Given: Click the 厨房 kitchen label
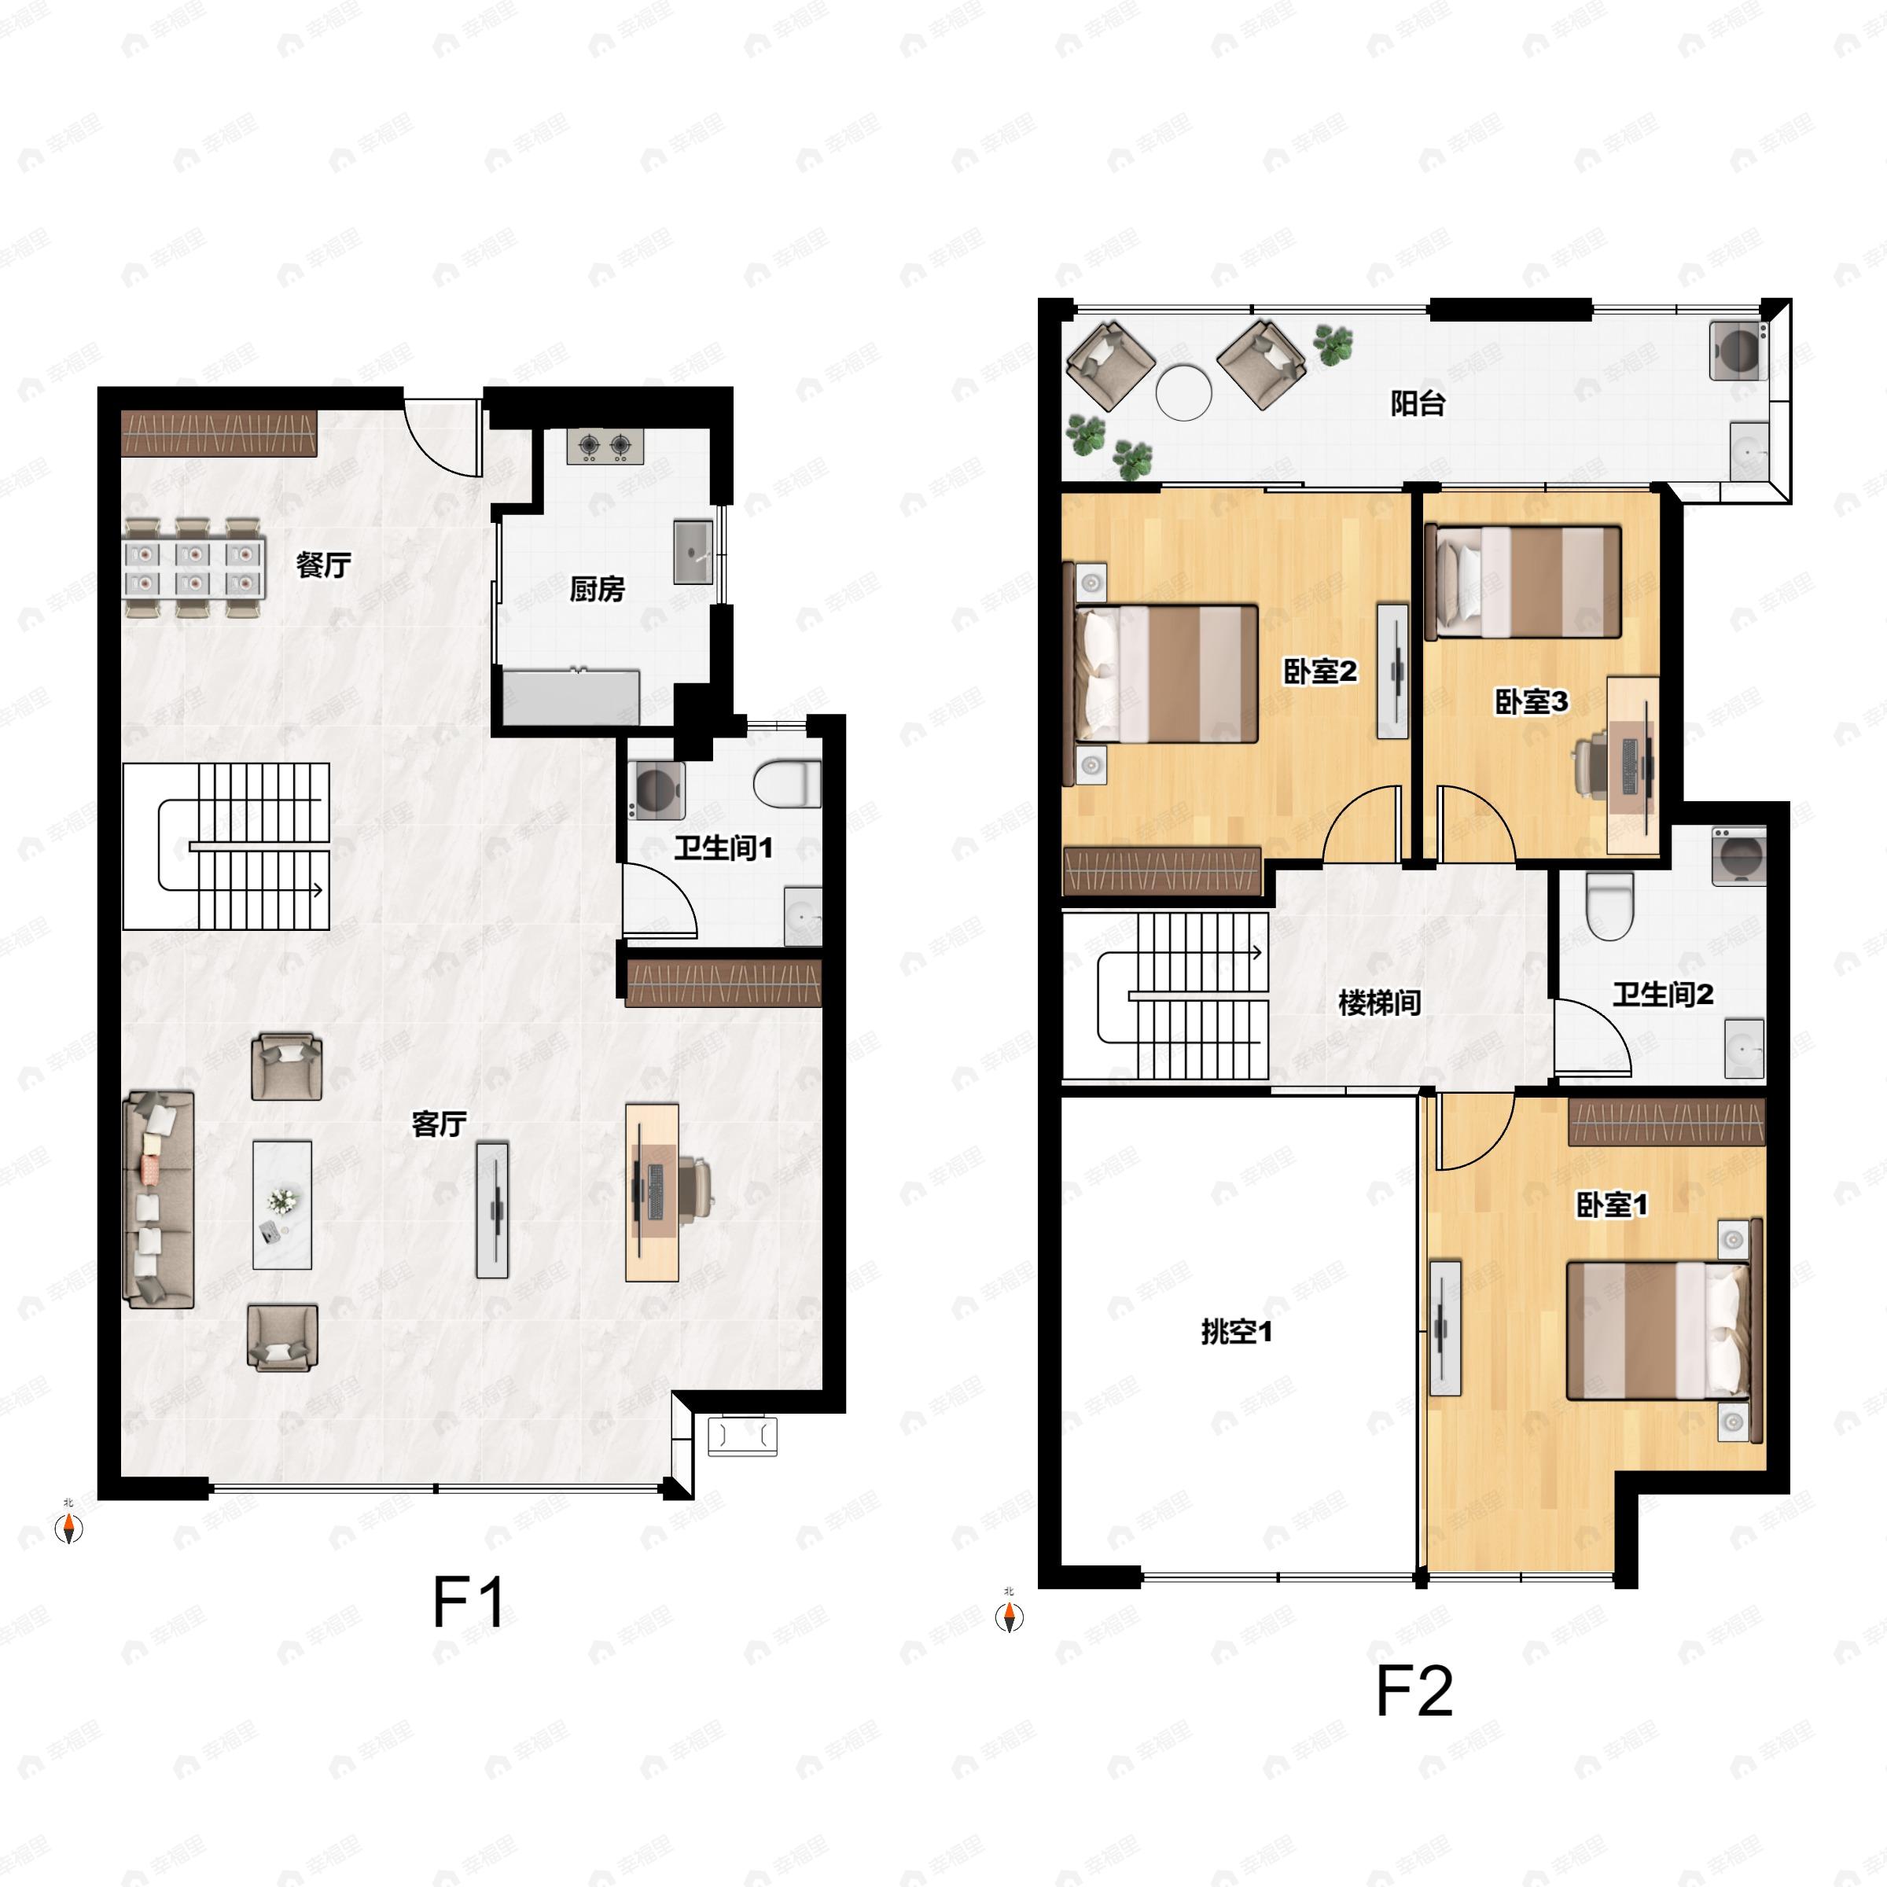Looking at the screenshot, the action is coord(597,589).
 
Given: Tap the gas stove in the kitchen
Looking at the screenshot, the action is coord(605,447).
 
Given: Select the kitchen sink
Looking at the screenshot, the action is coord(693,552).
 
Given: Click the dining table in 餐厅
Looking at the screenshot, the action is coord(193,568).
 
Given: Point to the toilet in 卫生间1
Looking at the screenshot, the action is coord(786,785).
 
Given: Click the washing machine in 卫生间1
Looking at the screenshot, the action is coord(656,788).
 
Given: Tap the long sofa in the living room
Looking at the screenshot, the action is coord(158,1199).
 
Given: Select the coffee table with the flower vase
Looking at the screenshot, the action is coord(282,1205).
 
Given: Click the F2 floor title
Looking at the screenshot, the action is coord(1414,1692).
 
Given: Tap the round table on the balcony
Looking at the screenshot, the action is coord(1184,392).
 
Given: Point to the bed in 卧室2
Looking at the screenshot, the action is coord(1166,674).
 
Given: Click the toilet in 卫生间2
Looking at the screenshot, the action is coord(1609,906).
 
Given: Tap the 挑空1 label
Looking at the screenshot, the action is coord(1237,1331).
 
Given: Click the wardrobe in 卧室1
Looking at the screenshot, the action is coord(1666,1122).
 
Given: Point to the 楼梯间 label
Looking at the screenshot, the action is coord(1379,1003).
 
